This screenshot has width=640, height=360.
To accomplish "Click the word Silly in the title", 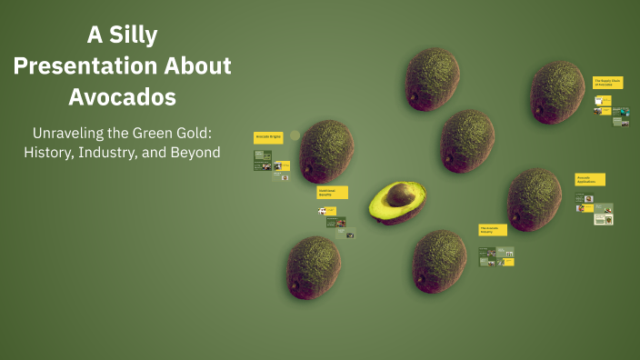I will coord(134,36).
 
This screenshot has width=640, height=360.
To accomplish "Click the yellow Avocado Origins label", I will coord(268,137).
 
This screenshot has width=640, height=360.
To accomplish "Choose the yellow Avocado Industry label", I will coord(493,230).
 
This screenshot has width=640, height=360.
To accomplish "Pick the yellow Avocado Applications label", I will coord(589,179).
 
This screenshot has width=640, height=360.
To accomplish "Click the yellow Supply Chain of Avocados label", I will coord(607,82).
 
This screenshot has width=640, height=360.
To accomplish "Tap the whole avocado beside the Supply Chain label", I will coord(557,92).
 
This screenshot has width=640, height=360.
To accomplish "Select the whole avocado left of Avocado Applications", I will coord(534,199).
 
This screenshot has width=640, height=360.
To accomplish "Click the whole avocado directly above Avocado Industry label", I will coord(467,141).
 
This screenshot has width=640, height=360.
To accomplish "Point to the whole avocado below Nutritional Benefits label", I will coord(314,267).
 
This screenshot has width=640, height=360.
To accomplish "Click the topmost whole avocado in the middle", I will coord(431,79).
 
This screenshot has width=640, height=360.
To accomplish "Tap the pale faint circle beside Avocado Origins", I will coord(295,135).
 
